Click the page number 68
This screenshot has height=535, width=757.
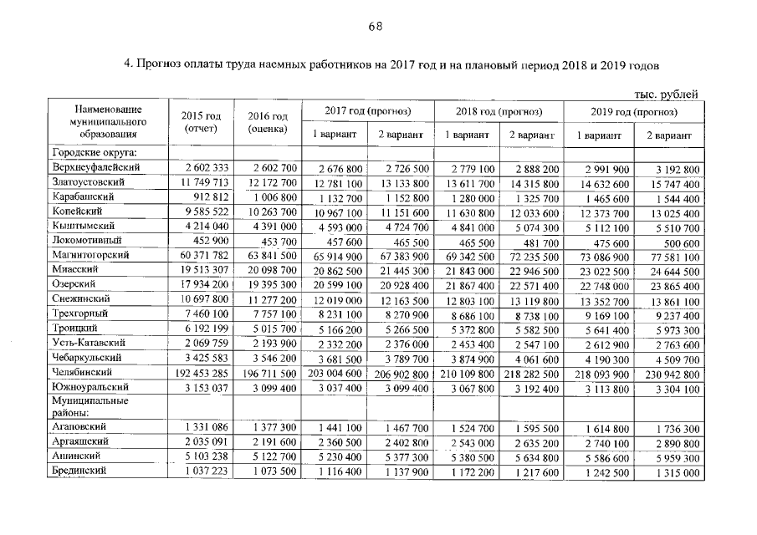(376, 26)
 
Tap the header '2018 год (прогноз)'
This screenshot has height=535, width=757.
(499, 111)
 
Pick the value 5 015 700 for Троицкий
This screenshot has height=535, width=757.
(267, 329)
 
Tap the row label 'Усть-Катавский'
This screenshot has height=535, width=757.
(88, 343)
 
